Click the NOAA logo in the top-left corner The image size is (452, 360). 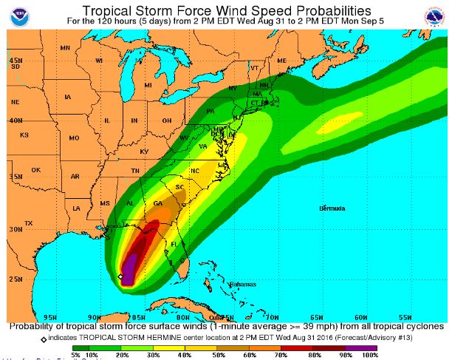pos(13,13)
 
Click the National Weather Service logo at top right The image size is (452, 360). pos(436,13)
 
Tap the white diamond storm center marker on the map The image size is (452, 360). pos(120,276)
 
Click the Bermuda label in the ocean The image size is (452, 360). pos(332,208)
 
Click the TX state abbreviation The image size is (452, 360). pos(29,223)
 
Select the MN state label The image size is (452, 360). pos(65,48)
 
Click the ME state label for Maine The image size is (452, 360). pos(281,60)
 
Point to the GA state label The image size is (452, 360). pos(157,203)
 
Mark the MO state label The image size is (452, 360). pos(73,138)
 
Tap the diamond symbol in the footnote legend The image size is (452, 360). pos(44,337)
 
